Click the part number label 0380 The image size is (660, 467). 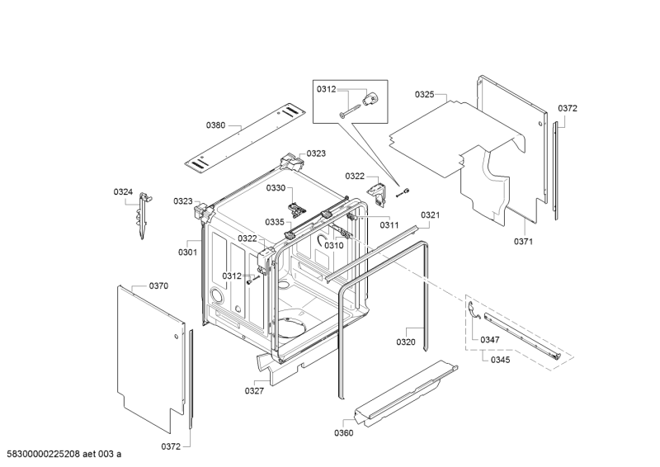click(x=215, y=125)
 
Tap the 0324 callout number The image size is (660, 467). click(x=123, y=192)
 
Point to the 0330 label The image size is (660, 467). click(x=275, y=188)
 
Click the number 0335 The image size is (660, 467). click(x=275, y=222)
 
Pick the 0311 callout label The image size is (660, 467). click(x=389, y=225)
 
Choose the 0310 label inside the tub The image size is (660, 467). click(x=333, y=245)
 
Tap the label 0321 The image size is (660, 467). click(x=430, y=215)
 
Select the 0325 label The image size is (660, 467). click(x=425, y=95)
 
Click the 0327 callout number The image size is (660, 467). click(x=254, y=391)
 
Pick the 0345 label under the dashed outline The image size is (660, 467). click(x=500, y=360)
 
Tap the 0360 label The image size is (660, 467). click(x=344, y=433)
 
